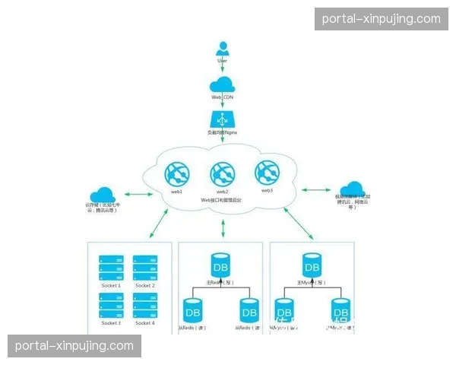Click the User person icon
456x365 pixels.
pyautogui.click(x=223, y=49)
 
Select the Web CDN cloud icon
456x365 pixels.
pyautogui.click(x=223, y=84)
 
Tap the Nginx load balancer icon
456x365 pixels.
pyautogui.click(x=223, y=120)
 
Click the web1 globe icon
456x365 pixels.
pyautogui.click(x=176, y=174)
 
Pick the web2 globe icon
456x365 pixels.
pyautogui.click(x=221, y=174)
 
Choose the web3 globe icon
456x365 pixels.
pyautogui.click(x=267, y=173)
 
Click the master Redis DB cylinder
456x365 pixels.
pyautogui.click(x=220, y=266)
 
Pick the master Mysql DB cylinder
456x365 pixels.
pyautogui.click(x=312, y=266)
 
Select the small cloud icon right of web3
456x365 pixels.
pyautogui.click(x=351, y=189)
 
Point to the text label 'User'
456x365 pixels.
pyautogui.click(x=223, y=61)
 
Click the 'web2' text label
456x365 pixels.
pyautogui.click(x=221, y=192)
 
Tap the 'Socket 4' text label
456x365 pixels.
pyautogui.click(x=145, y=323)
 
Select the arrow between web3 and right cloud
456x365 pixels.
pyautogui.click(x=315, y=189)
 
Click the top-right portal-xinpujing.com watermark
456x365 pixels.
pyautogui.click(x=381, y=18)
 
